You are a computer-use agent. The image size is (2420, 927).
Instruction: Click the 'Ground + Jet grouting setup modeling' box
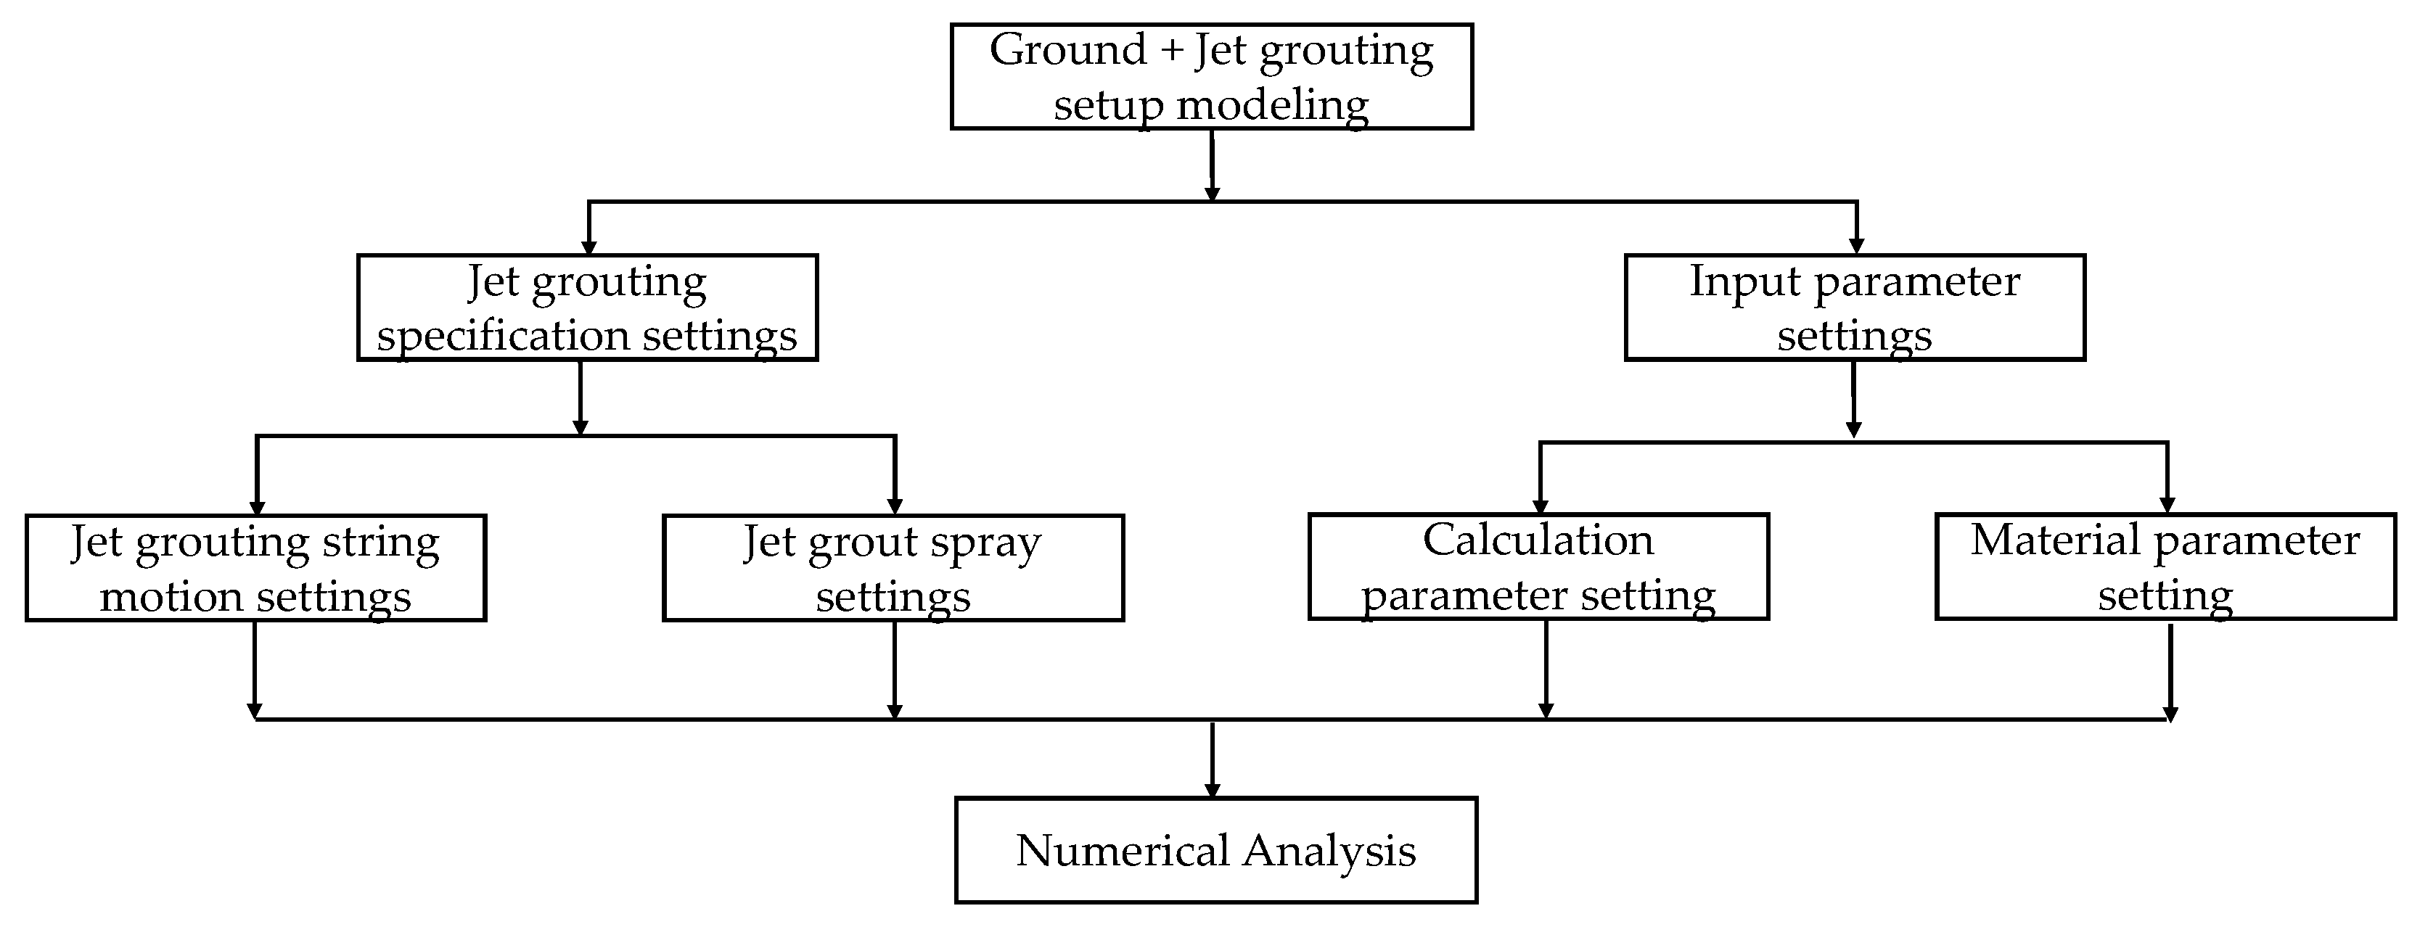click(x=1211, y=77)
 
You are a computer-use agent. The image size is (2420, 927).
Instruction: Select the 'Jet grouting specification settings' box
click(x=587, y=307)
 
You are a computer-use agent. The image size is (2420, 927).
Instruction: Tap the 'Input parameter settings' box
click(x=1855, y=307)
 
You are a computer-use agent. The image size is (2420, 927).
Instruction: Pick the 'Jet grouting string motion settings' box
click(x=255, y=568)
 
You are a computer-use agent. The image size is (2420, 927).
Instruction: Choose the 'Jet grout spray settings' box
click(x=893, y=568)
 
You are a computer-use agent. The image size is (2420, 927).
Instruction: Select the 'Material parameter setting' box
click(x=2165, y=566)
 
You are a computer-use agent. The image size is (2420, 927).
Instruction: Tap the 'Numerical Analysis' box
click(x=1215, y=850)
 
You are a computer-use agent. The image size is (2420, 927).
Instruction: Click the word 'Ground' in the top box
click(x=1067, y=50)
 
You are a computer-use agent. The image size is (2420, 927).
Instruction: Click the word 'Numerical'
click(x=1122, y=850)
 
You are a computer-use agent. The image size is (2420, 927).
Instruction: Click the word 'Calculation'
click(x=1538, y=540)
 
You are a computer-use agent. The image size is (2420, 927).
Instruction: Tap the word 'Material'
click(x=2054, y=540)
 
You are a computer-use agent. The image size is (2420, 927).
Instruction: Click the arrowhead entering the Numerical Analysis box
click(x=1212, y=791)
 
